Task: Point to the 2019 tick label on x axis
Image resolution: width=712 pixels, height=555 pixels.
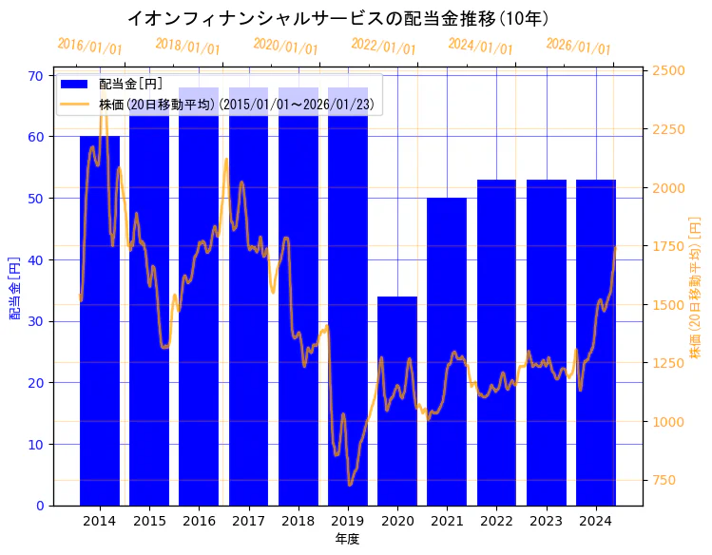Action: tap(348, 521)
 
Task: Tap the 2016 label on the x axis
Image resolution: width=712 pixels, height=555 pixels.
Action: tap(199, 521)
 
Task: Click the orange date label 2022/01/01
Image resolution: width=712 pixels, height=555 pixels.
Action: tap(383, 46)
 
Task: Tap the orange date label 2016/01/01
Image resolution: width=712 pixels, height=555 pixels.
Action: tap(89, 46)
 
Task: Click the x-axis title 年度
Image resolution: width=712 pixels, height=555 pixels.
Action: tap(347, 539)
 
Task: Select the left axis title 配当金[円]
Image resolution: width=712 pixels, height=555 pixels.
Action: tap(15, 287)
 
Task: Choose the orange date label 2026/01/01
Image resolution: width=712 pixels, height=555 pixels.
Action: tap(578, 46)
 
